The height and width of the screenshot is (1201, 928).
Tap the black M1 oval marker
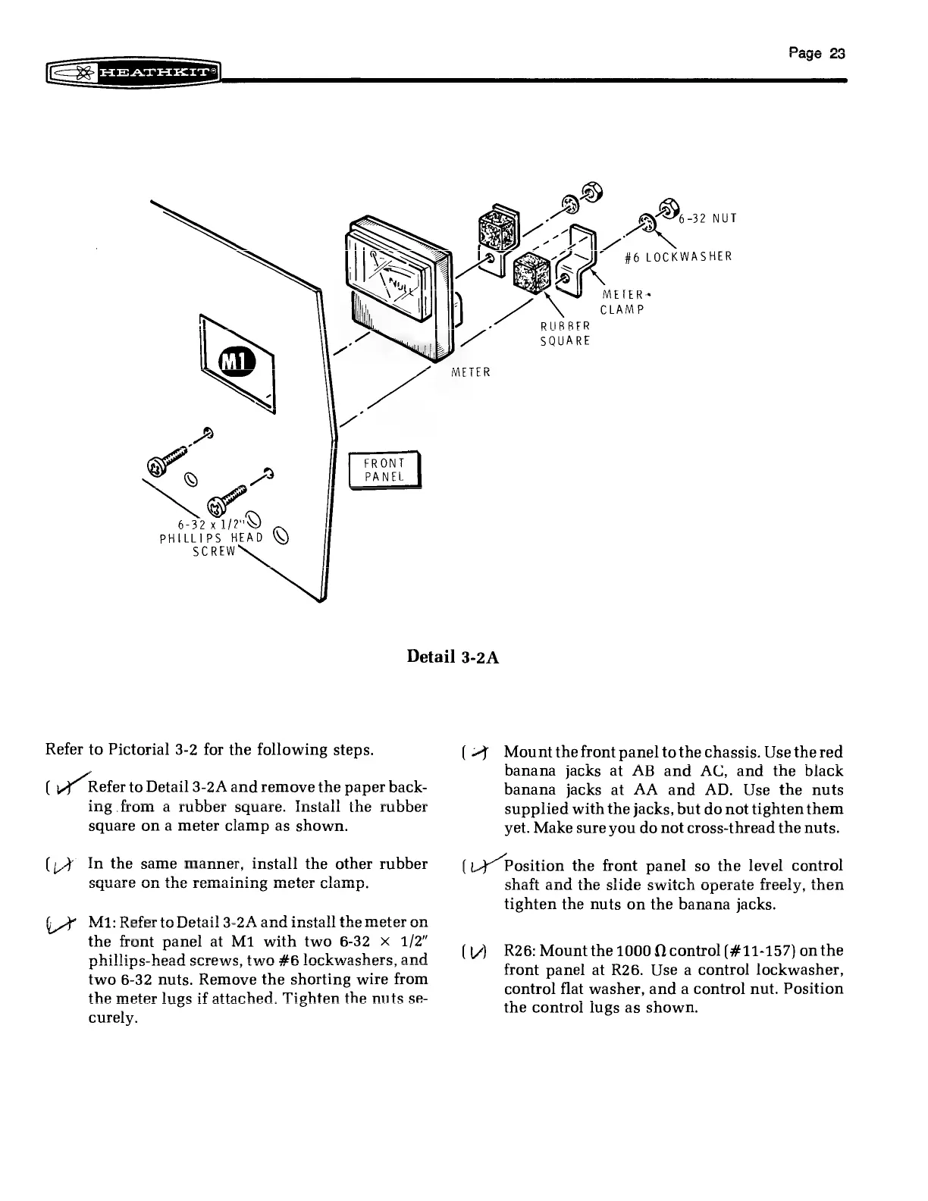pyautogui.click(x=238, y=364)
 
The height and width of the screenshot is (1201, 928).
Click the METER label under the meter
pyautogui.click(x=471, y=372)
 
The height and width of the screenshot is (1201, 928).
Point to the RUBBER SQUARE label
pyautogui.click(x=565, y=333)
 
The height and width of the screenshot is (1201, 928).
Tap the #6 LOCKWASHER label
pyautogui.click(x=679, y=256)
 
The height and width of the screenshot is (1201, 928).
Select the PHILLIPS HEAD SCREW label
pyautogui.click(x=211, y=538)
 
